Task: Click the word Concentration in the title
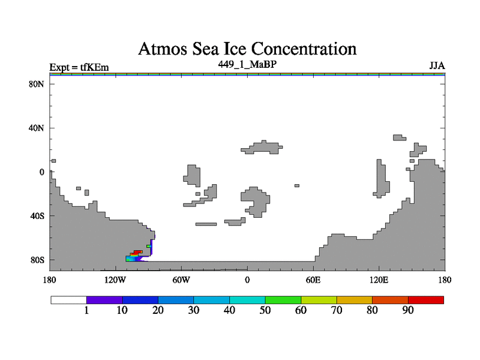[304, 49]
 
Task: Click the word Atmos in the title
[163, 49]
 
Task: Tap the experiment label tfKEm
[94, 67]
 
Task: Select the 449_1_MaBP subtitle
[247, 64]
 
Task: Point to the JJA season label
[437, 66]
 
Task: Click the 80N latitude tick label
[36, 84]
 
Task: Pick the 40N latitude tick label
[36, 128]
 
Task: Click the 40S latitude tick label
[37, 216]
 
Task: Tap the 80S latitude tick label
[37, 260]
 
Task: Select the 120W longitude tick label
[115, 280]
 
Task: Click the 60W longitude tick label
[181, 280]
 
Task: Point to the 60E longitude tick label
[313, 280]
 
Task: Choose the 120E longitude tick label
[379, 280]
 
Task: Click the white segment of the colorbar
[69, 300]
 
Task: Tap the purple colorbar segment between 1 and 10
[104, 300]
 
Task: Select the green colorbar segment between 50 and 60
[283, 300]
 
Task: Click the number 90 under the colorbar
[408, 310]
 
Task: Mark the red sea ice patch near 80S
[137, 253]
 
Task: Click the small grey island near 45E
[296, 185]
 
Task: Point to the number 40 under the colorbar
[229, 310]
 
